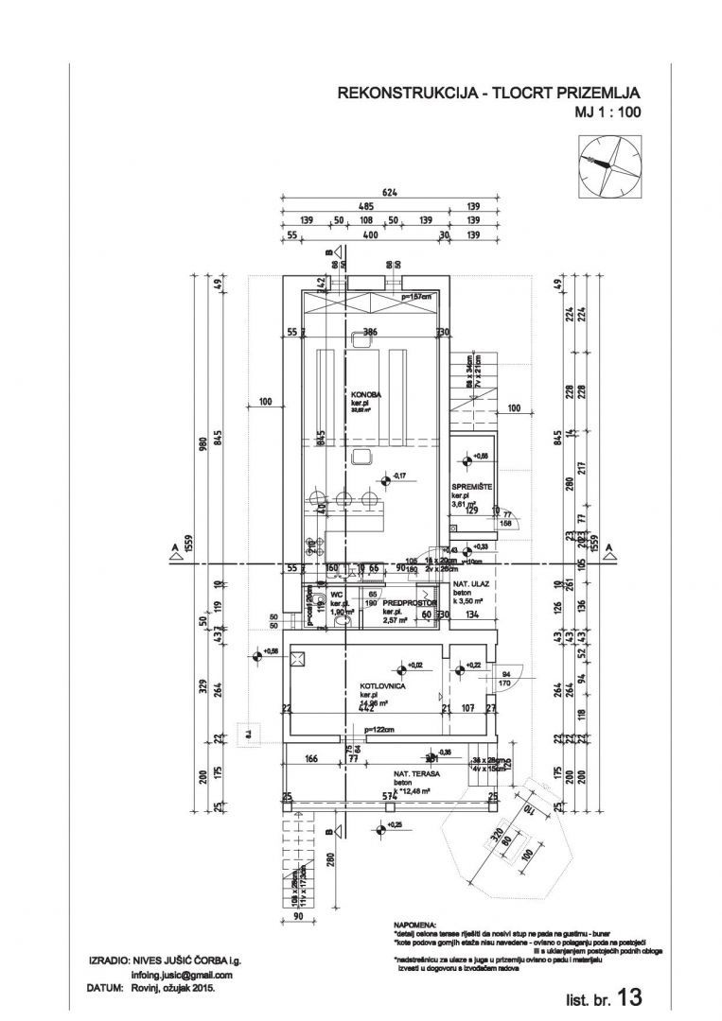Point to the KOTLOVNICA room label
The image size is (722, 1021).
point(383,686)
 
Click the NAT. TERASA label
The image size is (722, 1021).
point(414,773)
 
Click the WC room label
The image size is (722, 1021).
point(336,596)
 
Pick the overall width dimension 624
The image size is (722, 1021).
point(389,192)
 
